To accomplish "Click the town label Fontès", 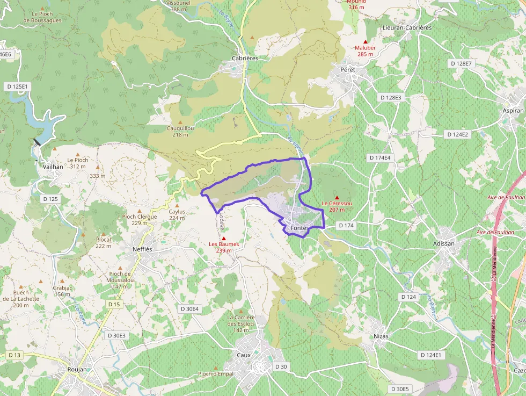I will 299,228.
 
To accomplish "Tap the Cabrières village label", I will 245,58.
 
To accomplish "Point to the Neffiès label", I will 142,249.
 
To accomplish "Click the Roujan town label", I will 78,370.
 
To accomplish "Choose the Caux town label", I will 244,355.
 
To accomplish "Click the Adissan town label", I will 443,243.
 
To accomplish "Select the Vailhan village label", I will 53,167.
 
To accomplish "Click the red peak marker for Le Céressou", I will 337,198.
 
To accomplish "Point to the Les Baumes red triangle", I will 224,238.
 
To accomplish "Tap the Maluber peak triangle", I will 366,41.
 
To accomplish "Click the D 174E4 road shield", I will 380,158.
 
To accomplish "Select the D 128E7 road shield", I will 461,63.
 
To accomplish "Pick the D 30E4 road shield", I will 189,309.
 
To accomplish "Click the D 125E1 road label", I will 18,86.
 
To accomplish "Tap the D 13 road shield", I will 14,355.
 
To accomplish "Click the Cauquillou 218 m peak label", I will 180,131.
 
